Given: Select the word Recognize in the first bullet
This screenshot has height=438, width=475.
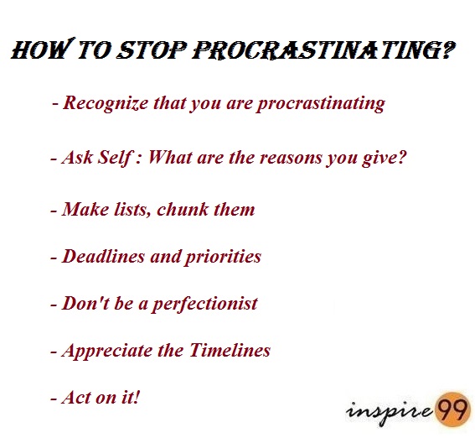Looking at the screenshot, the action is pyautogui.click(x=106, y=104).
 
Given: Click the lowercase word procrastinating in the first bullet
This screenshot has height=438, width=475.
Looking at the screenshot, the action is pyautogui.click(x=321, y=104).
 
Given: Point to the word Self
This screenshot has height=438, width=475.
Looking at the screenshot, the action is pyautogui.click(x=115, y=158).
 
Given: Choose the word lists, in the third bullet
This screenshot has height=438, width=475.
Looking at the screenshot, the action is pyautogui.click(x=132, y=210).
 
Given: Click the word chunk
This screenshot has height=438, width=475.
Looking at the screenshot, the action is pyautogui.click(x=183, y=209).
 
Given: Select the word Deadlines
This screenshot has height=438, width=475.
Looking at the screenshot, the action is pyautogui.click(x=103, y=256).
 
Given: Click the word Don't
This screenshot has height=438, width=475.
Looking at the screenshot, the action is pyautogui.click(x=85, y=303).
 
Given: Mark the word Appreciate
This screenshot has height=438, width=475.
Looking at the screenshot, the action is pyautogui.click(x=107, y=352).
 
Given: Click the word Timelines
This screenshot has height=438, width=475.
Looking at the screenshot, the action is pyautogui.click(x=230, y=350).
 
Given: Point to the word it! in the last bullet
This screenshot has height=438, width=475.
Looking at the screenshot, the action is pyautogui.click(x=131, y=397).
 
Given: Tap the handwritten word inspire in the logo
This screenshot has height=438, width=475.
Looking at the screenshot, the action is pyautogui.click(x=390, y=412).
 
